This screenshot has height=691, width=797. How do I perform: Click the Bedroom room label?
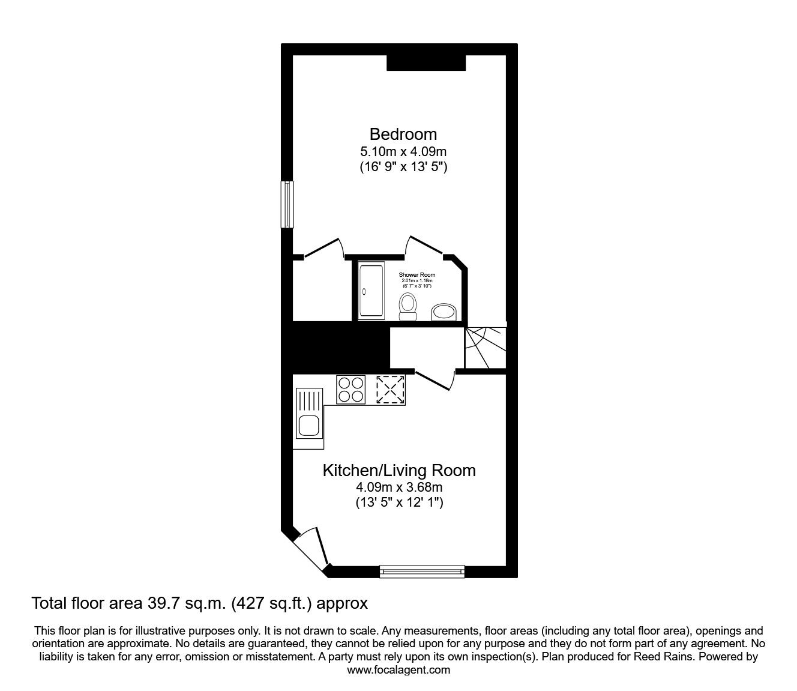click(403, 134)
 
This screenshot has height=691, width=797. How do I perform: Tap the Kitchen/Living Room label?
click(399, 470)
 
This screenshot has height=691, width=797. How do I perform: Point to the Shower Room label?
click(417, 275)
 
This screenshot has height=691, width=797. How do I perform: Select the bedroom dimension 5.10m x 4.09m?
click(403, 152)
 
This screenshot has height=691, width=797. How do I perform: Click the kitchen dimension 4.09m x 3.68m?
click(399, 487)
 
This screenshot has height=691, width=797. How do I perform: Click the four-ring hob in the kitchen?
click(351, 389)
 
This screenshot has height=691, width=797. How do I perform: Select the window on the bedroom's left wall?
click(287, 205)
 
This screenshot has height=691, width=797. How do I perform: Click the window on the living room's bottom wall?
click(423, 571)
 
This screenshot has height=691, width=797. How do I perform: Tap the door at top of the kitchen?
click(434, 381)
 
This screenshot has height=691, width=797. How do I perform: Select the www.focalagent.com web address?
click(398, 670)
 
